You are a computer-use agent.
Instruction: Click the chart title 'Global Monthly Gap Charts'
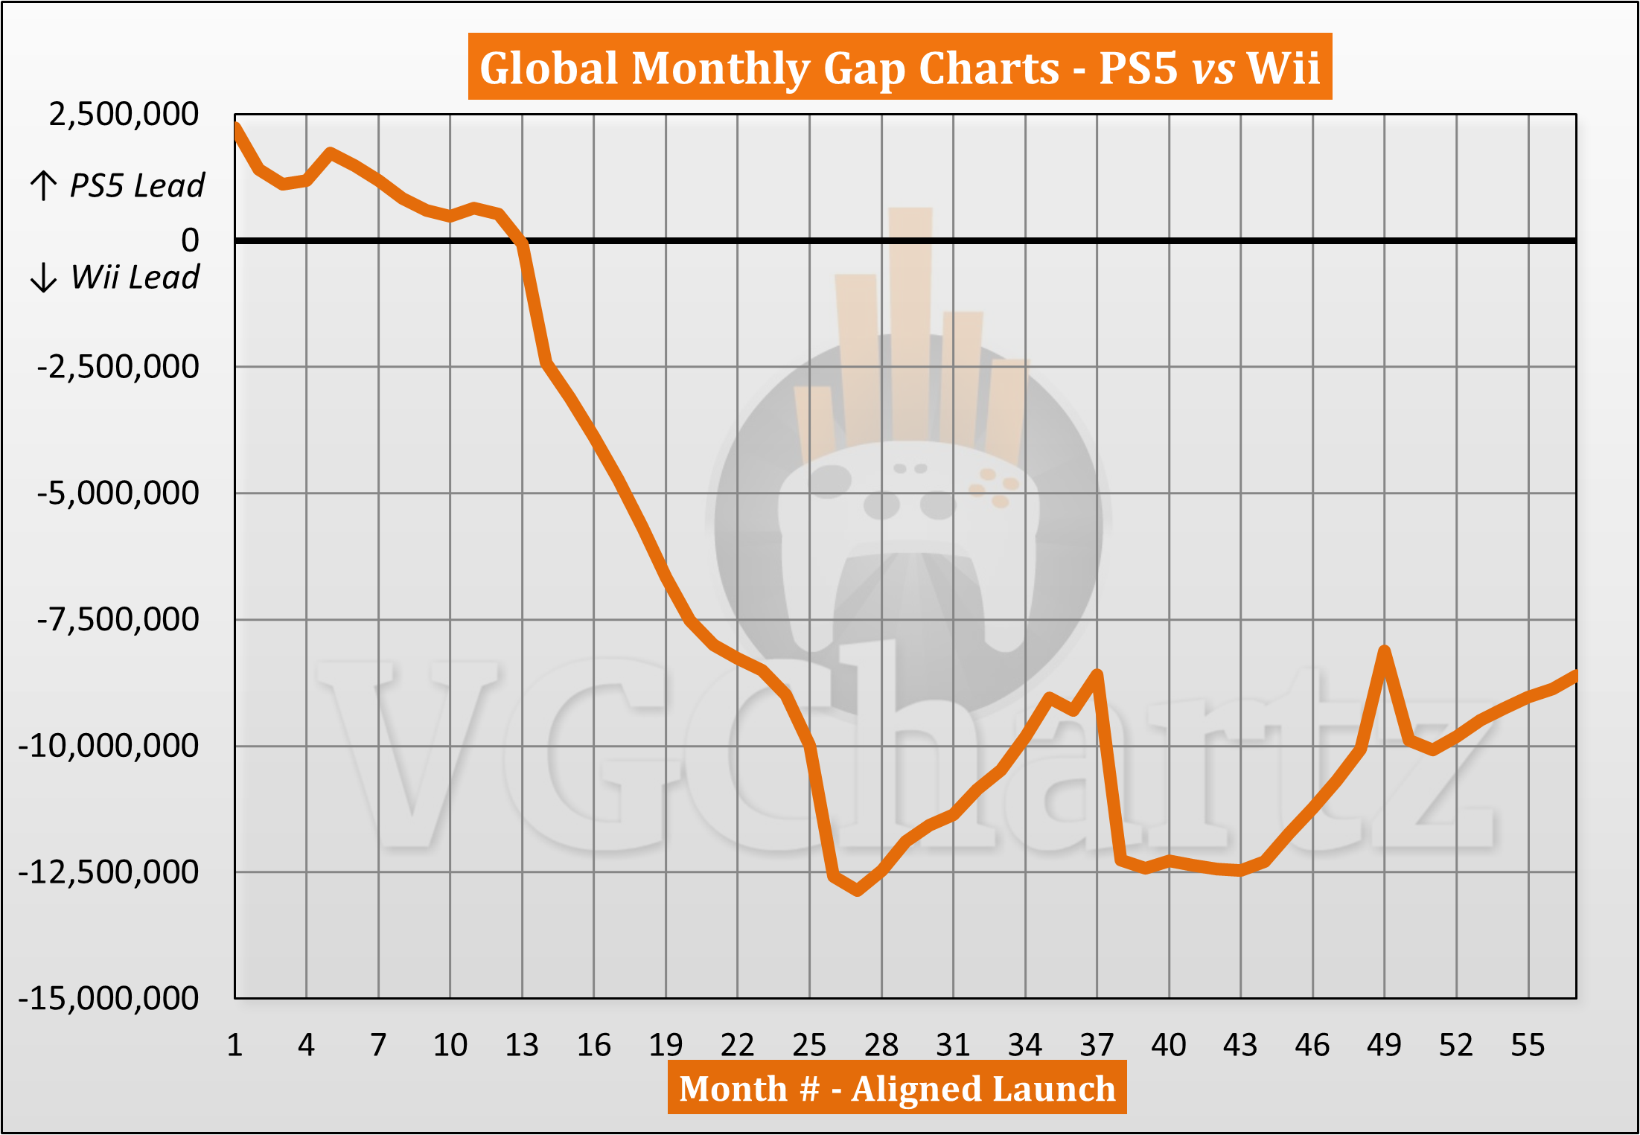point(899,68)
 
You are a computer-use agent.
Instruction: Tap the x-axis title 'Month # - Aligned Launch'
point(897,1088)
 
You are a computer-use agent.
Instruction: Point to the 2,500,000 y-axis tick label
point(124,115)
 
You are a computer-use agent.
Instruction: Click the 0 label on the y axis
point(190,240)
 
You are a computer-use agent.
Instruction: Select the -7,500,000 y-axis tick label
point(118,619)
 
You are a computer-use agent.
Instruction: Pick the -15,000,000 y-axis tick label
point(109,998)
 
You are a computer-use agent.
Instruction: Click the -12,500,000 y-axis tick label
point(109,872)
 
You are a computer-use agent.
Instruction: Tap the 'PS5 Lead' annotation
point(136,185)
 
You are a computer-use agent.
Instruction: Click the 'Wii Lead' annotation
point(135,277)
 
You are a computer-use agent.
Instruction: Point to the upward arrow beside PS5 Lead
point(43,185)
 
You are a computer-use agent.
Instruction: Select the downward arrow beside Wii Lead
point(43,277)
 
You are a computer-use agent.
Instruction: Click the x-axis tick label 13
point(522,1045)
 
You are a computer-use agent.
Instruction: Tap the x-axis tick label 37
point(1097,1045)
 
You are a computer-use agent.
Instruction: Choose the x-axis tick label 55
point(1528,1045)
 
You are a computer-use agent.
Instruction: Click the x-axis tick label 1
point(234,1045)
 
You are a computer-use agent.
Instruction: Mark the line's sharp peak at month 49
point(1385,650)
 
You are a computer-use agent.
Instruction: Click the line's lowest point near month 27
point(858,890)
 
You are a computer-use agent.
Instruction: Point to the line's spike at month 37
point(1097,674)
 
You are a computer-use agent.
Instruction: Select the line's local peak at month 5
point(331,153)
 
